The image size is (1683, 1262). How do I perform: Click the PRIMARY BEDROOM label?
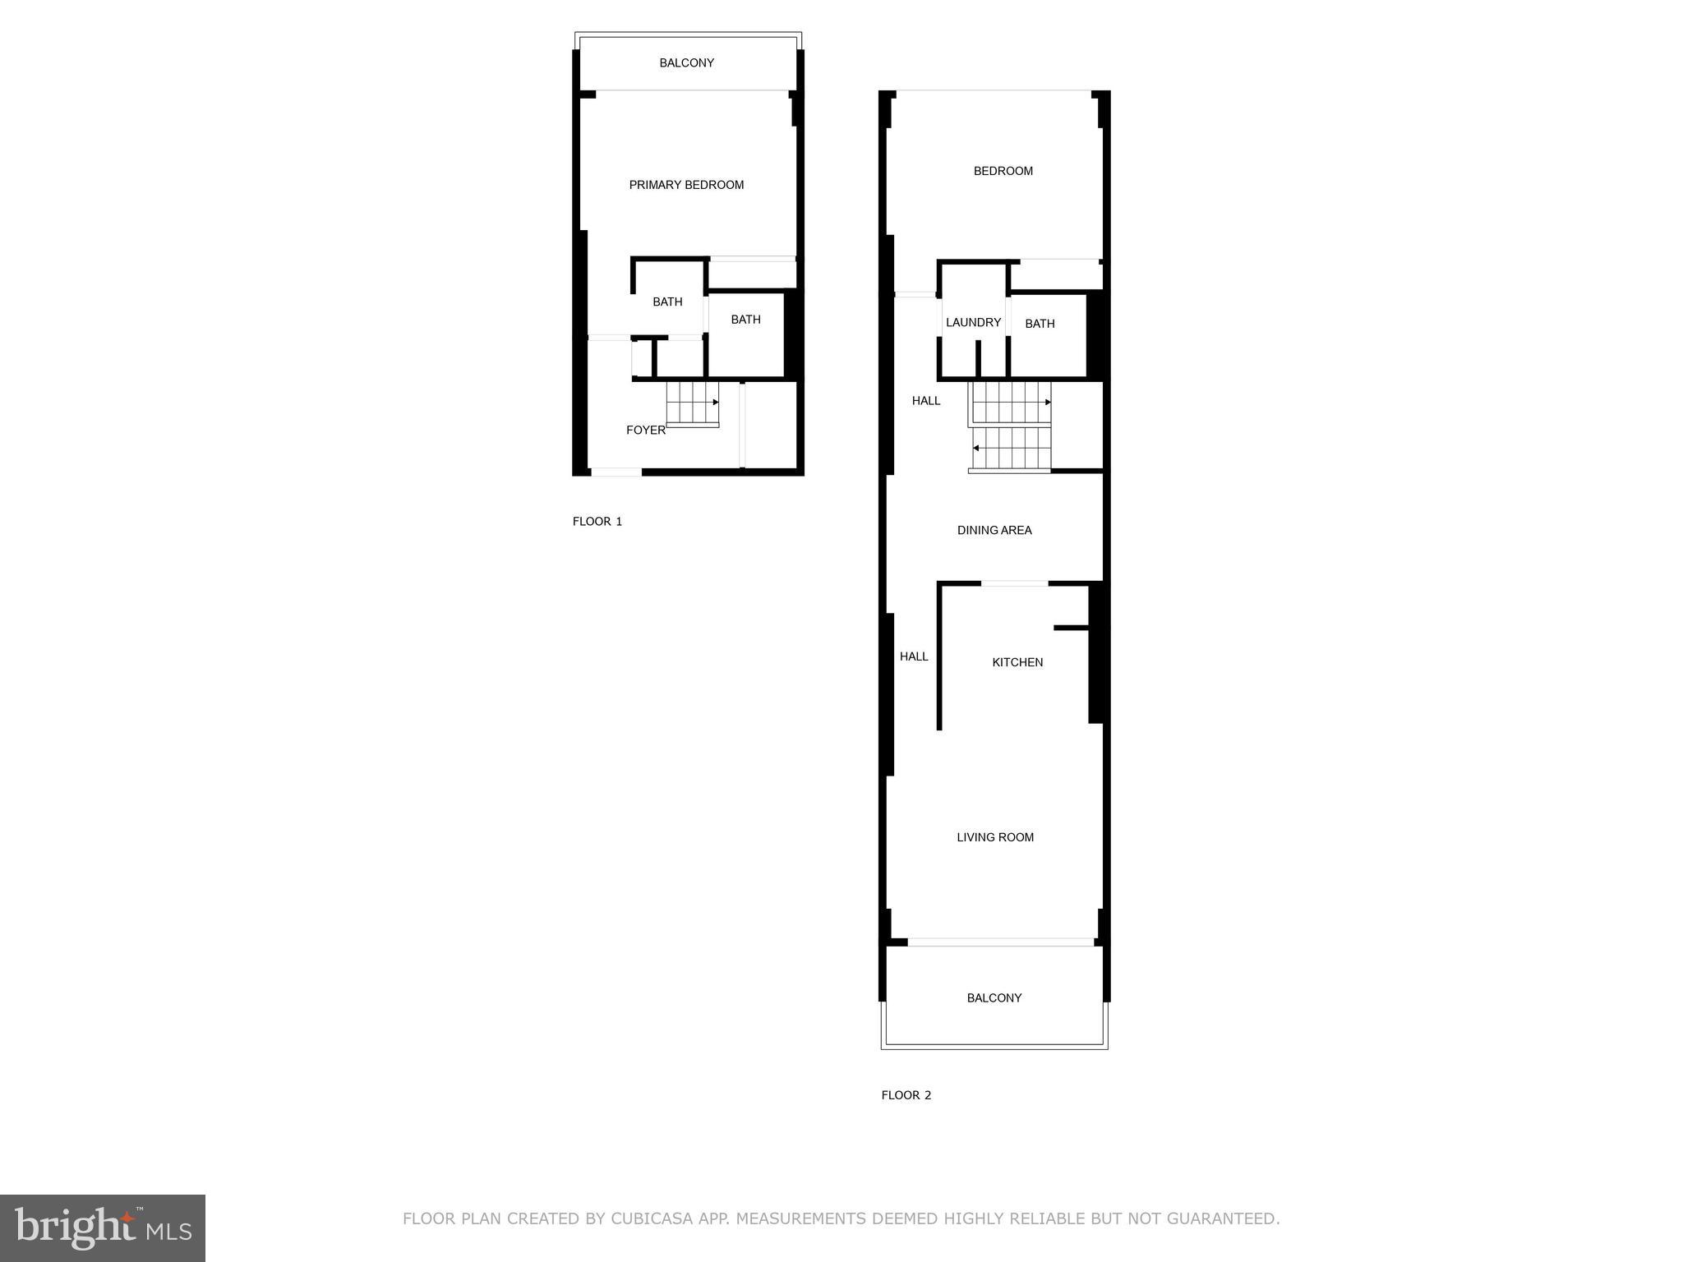point(686,185)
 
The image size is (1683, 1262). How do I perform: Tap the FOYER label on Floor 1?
point(645,430)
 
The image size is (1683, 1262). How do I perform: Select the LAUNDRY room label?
point(973,322)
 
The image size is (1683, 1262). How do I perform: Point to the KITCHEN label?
point(1017,662)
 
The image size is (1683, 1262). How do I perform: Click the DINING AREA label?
point(994,530)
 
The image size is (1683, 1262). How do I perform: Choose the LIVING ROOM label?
point(995,837)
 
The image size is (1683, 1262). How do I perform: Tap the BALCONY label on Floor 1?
point(686,62)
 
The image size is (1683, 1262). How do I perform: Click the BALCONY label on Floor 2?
point(994,997)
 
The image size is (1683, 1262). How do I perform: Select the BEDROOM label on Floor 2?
point(1003,171)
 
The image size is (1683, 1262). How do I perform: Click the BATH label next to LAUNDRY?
point(1040,324)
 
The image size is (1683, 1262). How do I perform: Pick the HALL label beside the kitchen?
point(914,656)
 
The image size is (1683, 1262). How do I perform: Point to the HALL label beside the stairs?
point(926,401)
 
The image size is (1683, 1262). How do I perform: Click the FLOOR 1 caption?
point(597,521)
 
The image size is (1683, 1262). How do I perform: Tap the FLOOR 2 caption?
point(906,1094)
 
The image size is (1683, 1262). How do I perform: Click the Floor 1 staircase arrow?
point(716,402)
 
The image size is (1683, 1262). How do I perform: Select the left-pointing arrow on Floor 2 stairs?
point(975,448)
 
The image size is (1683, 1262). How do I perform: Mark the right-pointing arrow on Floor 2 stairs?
point(1048,402)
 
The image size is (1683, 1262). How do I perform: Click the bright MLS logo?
point(103,1227)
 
